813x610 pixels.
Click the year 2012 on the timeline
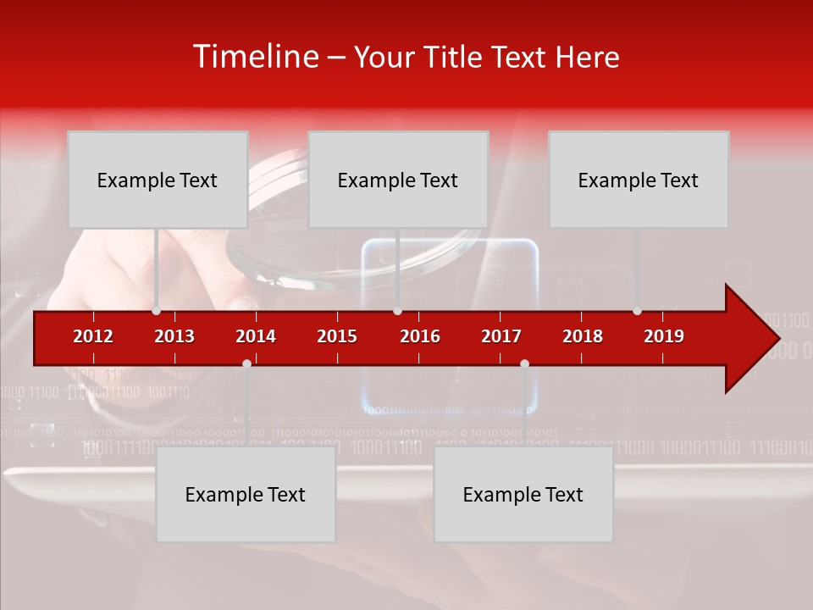point(93,336)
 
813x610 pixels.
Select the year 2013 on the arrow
point(174,336)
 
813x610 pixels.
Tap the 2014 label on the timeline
point(256,336)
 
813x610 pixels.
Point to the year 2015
point(337,336)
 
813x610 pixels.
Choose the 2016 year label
point(420,336)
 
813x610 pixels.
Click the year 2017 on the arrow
point(501,336)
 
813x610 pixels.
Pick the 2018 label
point(583,336)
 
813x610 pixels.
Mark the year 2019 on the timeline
point(664,336)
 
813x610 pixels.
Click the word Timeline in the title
point(254,57)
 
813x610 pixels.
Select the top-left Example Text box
point(158,180)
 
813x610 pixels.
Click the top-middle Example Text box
point(398,180)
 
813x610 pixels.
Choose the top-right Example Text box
point(639,180)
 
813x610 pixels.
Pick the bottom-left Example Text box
point(246,494)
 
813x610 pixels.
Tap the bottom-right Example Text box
point(523,494)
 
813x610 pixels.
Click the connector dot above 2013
point(157,311)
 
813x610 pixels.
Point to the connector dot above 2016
point(397,311)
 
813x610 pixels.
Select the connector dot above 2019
point(638,311)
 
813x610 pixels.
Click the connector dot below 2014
point(246,363)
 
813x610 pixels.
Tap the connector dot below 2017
point(524,363)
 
